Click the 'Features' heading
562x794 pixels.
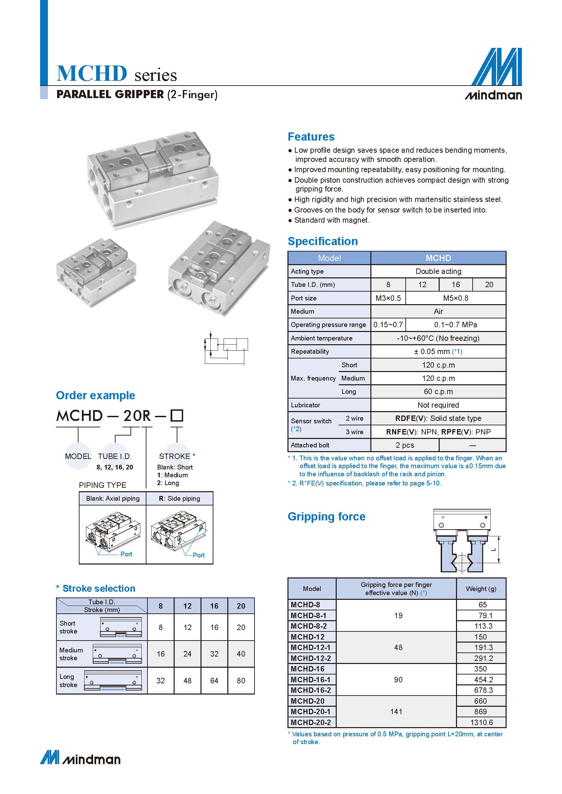click(x=311, y=136)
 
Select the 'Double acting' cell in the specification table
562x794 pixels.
click(x=438, y=271)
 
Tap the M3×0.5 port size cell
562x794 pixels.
click(x=388, y=298)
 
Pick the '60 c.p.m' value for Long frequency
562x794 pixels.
click(x=438, y=391)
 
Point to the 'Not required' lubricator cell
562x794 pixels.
click(x=438, y=405)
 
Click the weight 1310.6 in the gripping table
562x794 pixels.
click(x=481, y=722)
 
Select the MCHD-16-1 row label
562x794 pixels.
click(x=311, y=680)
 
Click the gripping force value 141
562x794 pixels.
click(x=396, y=712)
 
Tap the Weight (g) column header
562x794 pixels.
click(x=481, y=589)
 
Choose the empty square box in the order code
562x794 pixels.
click(x=177, y=415)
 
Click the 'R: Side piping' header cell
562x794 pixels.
click(x=180, y=498)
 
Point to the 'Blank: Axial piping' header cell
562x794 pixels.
click(x=113, y=498)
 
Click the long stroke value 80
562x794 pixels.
click(x=241, y=681)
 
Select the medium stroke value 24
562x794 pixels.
click(x=187, y=654)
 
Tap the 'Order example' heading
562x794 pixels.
click(x=95, y=395)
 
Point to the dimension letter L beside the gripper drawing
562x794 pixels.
click(x=494, y=550)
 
